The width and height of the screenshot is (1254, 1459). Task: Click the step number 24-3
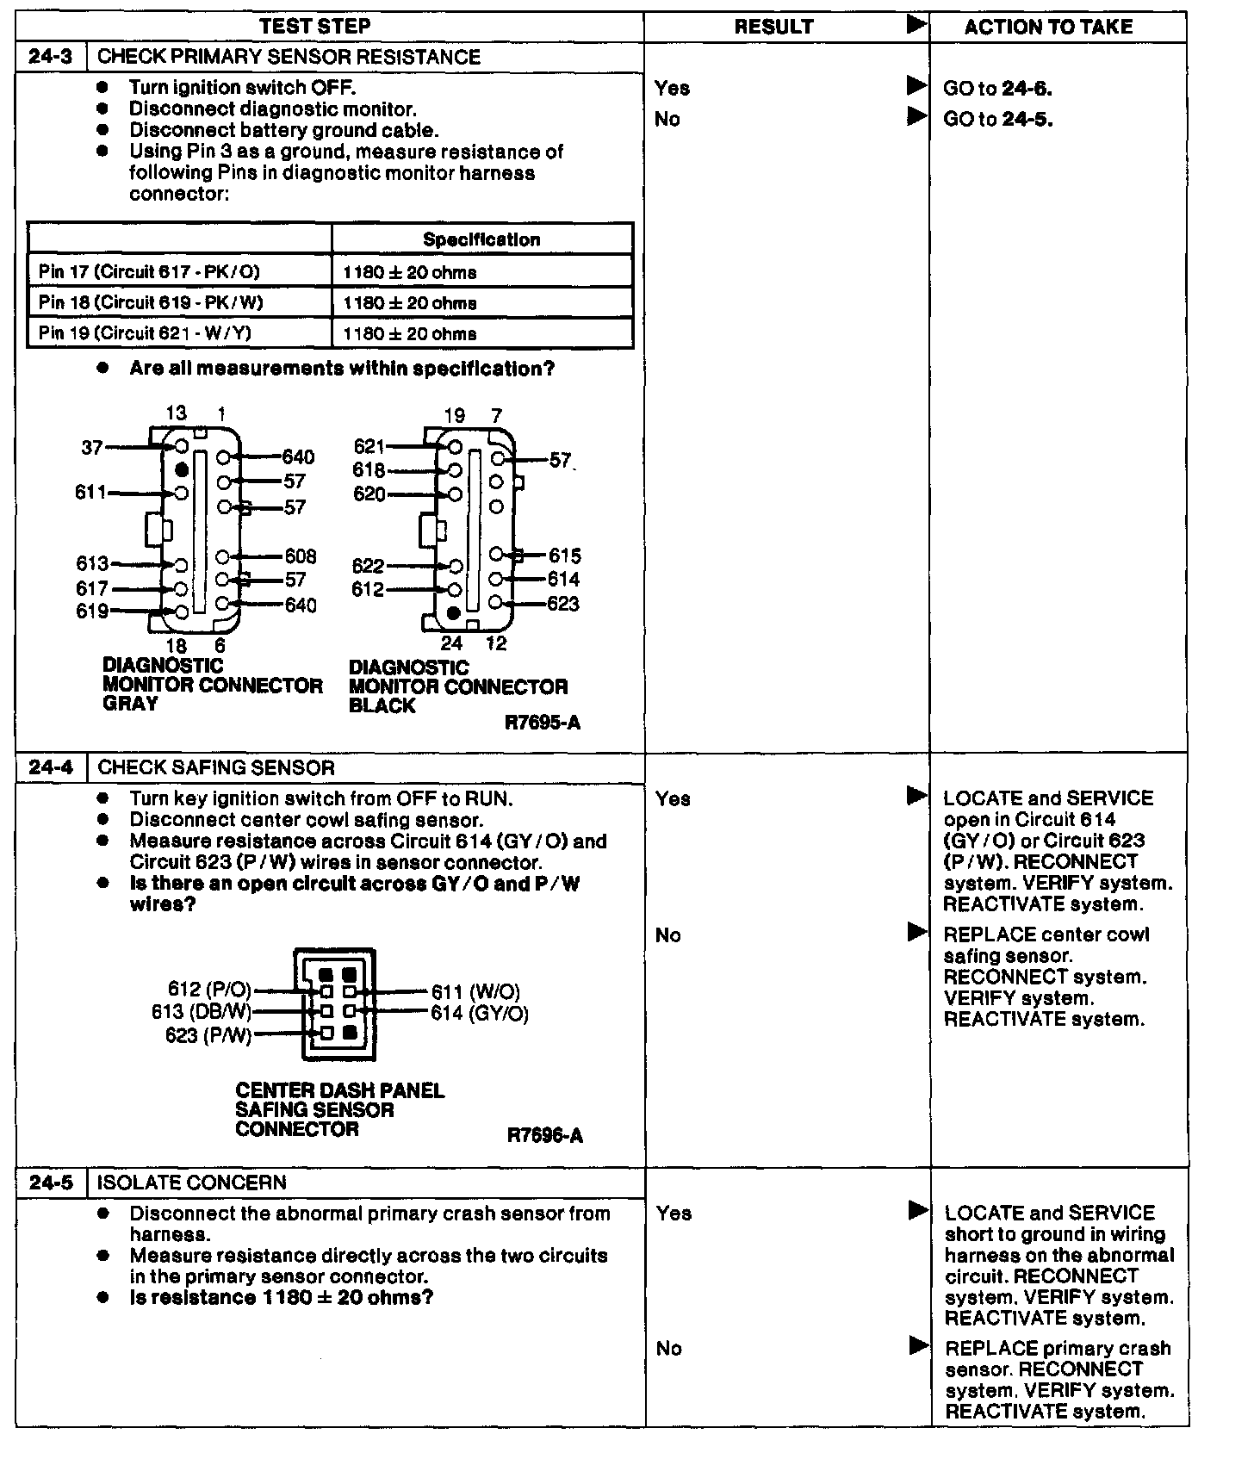coord(51,57)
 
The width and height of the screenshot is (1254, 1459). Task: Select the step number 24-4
coord(51,767)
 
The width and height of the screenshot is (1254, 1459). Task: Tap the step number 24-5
coord(51,1183)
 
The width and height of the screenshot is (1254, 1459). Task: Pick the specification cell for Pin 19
coord(409,333)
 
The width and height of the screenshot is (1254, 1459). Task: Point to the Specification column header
coord(481,239)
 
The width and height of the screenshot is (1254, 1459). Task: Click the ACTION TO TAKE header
coord(1048,27)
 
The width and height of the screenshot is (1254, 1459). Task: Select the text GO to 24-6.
coord(997,88)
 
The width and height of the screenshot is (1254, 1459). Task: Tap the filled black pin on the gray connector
coord(182,470)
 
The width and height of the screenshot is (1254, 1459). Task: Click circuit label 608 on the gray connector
coord(301,556)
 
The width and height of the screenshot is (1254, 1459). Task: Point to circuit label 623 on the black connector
coord(563,604)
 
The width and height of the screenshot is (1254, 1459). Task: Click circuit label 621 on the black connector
coord(369,446)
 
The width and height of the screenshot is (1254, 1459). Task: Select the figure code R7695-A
coord(542,723)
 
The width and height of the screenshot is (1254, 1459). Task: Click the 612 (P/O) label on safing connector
coord(209,990)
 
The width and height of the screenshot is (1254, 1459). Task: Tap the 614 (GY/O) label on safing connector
coord(480,1014)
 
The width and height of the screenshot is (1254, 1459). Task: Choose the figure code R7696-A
coord(544,1135)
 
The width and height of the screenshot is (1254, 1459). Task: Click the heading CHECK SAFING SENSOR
coord(216,767)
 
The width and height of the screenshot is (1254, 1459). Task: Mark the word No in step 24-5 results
coord(668,1348)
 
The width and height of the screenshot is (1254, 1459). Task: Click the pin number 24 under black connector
coord(451,643)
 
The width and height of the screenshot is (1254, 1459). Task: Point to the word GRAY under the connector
coord(130,704)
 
